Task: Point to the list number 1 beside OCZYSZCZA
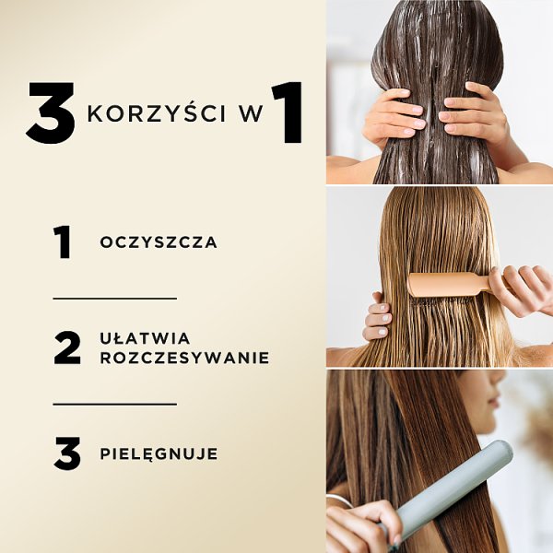(63, 242)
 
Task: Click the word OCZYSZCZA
(159, 243)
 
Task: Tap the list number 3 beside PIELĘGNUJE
(67, 453)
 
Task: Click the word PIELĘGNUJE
(159, 453)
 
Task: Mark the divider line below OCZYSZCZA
(114, 299)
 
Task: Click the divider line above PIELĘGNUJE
(114, 404)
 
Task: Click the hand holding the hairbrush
(521, 291)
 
